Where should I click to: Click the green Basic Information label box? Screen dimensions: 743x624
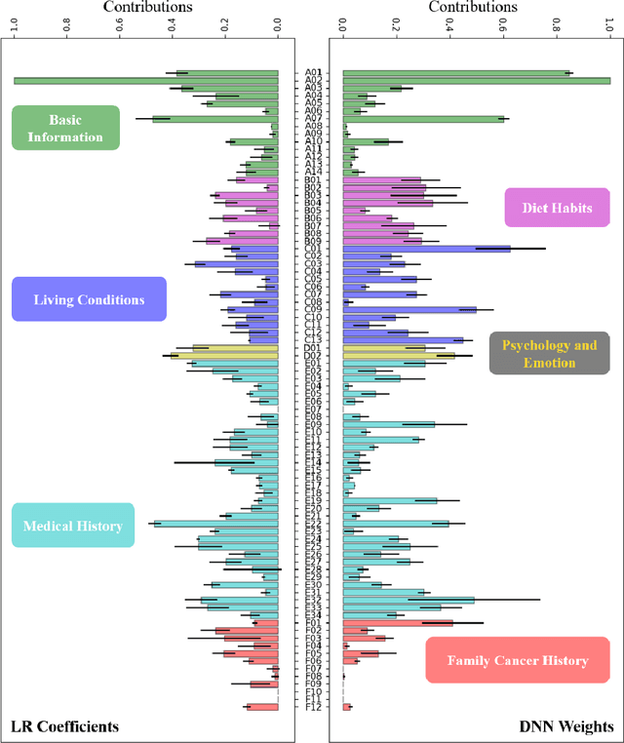click(x=65, y=128)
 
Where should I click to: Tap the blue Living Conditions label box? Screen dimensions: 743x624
click(x=89, y=299)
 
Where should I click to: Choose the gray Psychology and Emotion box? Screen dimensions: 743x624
click(x=551, y=353)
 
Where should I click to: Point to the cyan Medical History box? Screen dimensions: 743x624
click(x=74, y=526)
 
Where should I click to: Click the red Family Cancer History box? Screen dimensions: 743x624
click(x=518, y=660)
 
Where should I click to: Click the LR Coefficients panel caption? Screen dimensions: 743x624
click(x=64, y=726)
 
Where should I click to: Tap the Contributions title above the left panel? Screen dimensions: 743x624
click(x=146, y=8)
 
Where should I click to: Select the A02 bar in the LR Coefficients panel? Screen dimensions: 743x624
click(x=146, y=80)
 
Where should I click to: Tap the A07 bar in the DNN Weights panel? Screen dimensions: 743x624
click(x=423, y=119)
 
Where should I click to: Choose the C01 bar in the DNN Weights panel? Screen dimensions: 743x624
click(x=427, y=249)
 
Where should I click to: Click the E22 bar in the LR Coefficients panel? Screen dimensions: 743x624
click(x=215, y=524)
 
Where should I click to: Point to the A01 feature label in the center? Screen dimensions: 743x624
click(x=312, y=72)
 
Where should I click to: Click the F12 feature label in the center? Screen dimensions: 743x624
click(x=312, y=707)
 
